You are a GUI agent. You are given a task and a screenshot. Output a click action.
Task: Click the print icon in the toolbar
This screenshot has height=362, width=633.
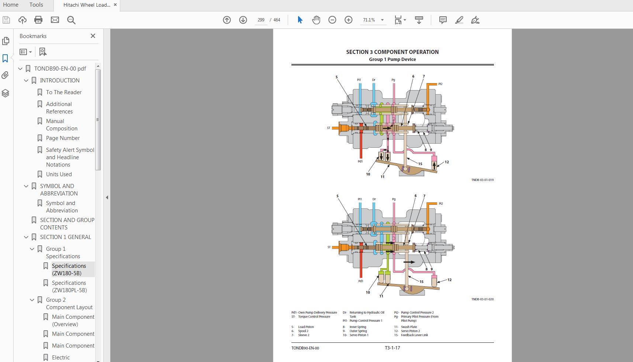(x=38, y=20)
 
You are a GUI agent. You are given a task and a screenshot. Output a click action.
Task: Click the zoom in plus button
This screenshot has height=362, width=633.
(x=348, y=20)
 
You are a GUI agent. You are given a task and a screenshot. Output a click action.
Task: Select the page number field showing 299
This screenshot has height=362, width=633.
(x=261, y=20)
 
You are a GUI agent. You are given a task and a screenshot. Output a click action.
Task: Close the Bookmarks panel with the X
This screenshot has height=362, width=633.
(x=93, y=36)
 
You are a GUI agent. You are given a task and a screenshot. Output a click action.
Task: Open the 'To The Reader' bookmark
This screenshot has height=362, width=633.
(x=63, y=92)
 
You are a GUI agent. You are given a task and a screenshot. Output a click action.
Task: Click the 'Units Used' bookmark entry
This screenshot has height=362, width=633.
(x=59, y=174)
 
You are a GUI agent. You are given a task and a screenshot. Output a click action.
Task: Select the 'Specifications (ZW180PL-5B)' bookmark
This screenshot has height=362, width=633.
(x=69, y=287)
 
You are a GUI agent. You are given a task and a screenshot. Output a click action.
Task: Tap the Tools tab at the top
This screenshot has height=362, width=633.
(x=36, y=5)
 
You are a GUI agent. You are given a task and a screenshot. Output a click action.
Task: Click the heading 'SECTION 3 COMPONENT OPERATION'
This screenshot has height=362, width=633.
(x=392, y=52)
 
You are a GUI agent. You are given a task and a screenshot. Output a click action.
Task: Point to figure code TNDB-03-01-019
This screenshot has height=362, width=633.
(x=482, y=180)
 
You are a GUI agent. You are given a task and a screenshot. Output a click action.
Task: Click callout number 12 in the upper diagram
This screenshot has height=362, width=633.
(x=447, y=162)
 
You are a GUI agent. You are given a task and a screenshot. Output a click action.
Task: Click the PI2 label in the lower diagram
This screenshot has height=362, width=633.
(x=441, y=204)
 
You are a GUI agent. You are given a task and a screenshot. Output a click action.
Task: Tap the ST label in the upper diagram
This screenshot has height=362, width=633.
(x=329, y=128)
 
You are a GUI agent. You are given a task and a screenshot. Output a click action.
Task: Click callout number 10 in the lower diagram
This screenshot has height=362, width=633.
(x=368, y=293)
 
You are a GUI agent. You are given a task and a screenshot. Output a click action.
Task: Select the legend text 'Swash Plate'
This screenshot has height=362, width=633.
(x=409, y=327)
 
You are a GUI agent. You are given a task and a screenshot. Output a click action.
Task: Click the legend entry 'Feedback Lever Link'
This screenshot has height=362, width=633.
(x=414, y=335)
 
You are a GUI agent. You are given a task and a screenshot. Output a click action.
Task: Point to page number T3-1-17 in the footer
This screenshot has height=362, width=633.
(x=392, y=348)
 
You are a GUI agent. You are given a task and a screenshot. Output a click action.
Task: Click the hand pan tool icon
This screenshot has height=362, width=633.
(x=316, y=20)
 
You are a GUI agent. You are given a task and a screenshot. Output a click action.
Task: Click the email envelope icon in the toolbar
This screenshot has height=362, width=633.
(x=55, y=20)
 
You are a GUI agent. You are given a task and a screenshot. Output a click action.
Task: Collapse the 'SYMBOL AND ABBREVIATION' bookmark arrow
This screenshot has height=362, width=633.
(x=26, y=186)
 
